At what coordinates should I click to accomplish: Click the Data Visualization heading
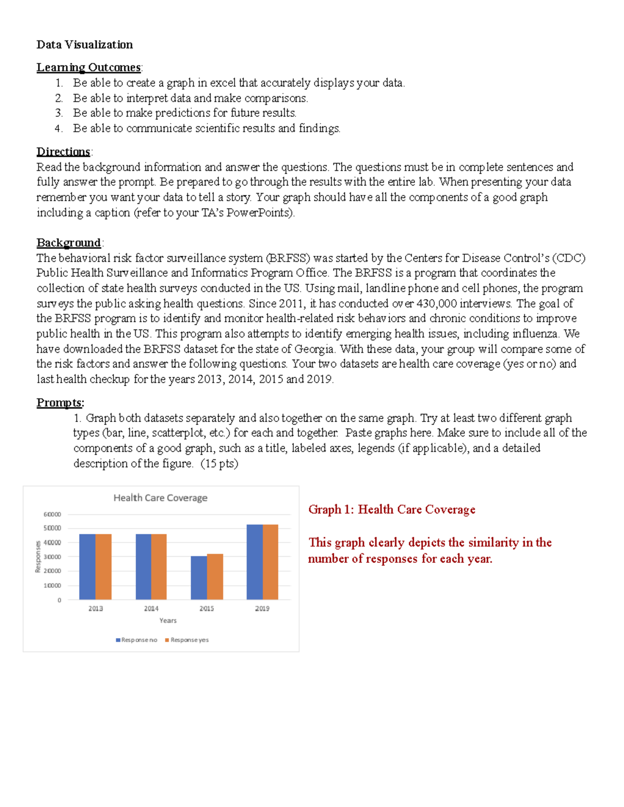pyautogui.click(x=84, y=45)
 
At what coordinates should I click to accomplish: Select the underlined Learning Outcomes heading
pyautogui.click(x=88, y=68)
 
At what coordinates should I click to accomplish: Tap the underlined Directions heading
pyautogui.click(x=63, y=152)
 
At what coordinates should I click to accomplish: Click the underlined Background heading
pyautogui.click(x=69, y=243)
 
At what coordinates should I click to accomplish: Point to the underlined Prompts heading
pyautogui.click(x=59, y=403)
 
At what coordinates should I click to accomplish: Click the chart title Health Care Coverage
pyautogui.click(x=160, y=498)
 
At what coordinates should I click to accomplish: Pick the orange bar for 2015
pyautogui.click(x=215, y=577)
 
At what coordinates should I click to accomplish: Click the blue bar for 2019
pyautogui.click(x=255, y=562)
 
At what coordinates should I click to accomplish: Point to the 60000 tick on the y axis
pyautogui.click(x=52, y=514)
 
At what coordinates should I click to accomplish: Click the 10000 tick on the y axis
pyautogui.click(x=52, y=586)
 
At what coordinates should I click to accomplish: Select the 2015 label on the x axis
pyautogui.click(x=206, y=608)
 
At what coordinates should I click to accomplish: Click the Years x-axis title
pyautogui.click(x=168, y=620)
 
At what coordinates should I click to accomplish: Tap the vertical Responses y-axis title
pyautogui.click(x=38, y=557)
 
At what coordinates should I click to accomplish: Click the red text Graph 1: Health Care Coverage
pyautogui.click(x=392, y=510)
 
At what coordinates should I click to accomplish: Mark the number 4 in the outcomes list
pyautogui.click(x=58, y=128)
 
